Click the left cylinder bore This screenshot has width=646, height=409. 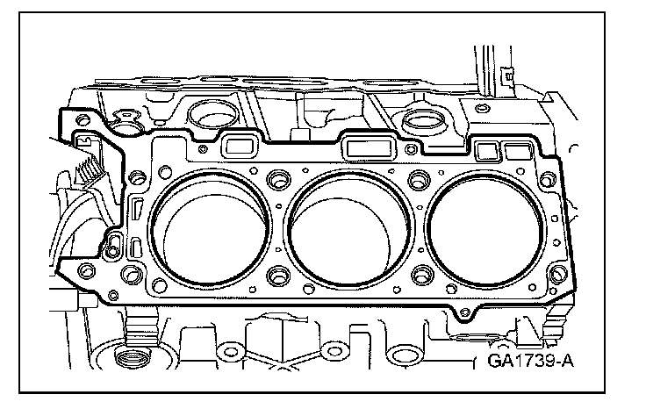pos(212,226)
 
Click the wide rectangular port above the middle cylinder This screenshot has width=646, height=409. pos(366,147)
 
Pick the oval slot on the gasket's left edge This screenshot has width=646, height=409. pos(137,211)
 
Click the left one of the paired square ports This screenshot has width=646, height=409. pos(483,150)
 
